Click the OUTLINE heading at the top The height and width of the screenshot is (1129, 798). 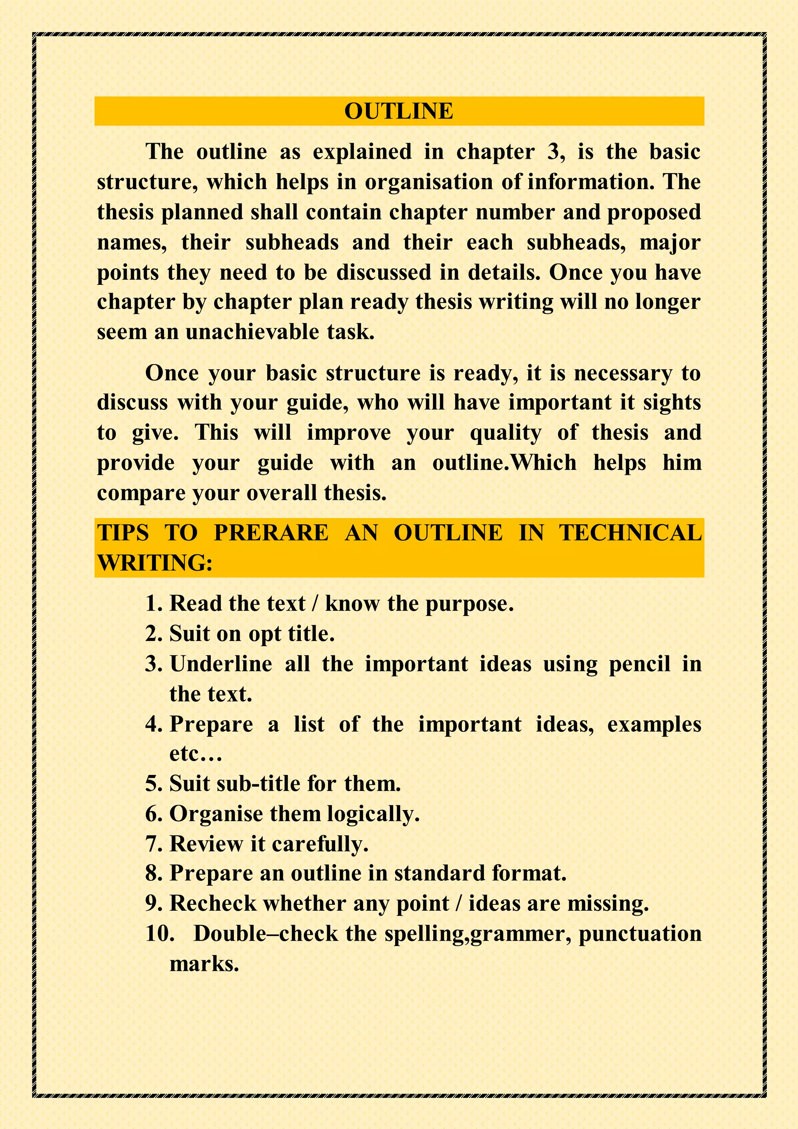pos(399,111)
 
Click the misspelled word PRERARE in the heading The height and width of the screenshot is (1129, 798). pos(271,533)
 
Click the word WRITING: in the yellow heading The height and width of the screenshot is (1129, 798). pos(155,563)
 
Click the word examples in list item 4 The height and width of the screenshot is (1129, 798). pos(654,725)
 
